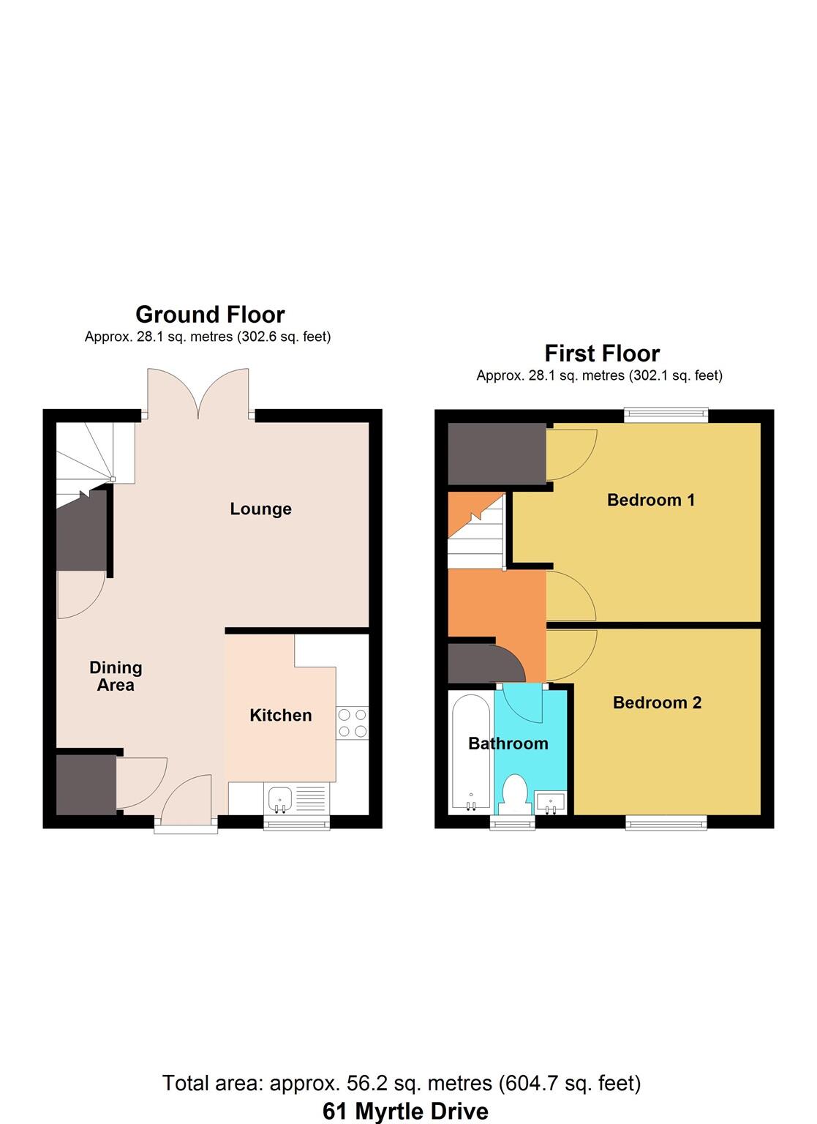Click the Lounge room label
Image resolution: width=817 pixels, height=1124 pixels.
point(260,509)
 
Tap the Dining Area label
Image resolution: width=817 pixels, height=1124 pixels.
point(116,676)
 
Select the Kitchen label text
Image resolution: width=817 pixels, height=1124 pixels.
point(281,715)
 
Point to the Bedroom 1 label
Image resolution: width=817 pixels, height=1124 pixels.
point(651,500)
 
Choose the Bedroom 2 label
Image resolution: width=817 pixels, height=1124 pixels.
point(657,702)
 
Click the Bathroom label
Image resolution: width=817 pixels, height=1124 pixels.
point(508,743)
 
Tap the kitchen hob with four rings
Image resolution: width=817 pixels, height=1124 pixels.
point(353,722)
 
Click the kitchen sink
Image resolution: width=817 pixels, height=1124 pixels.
point(280,798)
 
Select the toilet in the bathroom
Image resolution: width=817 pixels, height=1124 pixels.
point(516,794)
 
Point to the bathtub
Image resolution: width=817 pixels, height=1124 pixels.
point(470,753)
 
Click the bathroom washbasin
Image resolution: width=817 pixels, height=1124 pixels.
point(551,802)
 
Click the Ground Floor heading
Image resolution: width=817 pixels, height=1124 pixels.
point(210,315)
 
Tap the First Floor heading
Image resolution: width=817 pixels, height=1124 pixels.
point(602,353)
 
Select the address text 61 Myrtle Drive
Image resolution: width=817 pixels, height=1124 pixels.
point(405,1111)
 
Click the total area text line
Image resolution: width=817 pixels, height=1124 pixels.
point(402,1083)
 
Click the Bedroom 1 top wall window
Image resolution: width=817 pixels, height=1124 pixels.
point(666,415)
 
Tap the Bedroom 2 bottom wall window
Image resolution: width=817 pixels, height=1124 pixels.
point(666,823)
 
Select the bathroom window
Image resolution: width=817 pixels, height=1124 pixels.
point(512,824)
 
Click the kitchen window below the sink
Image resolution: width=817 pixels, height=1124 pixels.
point(296,824)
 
